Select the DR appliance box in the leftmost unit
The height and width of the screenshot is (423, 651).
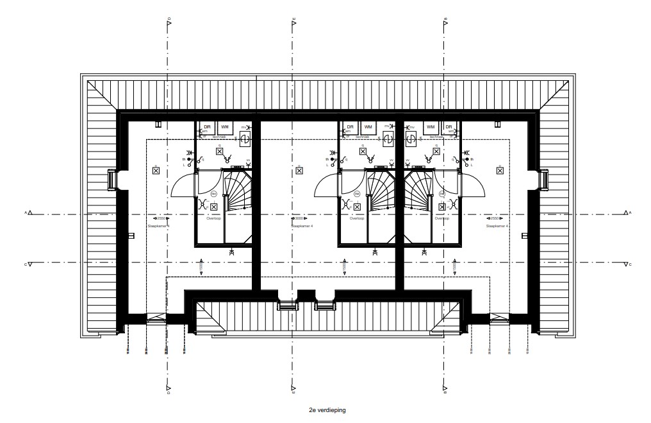tap(207, 128)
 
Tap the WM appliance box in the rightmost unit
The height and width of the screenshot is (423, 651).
tap(431, 128)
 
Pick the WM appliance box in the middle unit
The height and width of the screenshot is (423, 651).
tap(368, 128)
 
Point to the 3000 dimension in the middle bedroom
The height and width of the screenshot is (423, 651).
tap(297, 218)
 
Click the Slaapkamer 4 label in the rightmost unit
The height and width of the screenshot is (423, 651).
tap(497, 226)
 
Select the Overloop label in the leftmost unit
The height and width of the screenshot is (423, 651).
tap(213, 218)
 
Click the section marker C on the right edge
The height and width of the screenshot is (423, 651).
tap(625, 264)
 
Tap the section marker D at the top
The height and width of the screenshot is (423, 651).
tap(169, 22)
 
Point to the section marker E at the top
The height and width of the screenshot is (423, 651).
tap(293, 22)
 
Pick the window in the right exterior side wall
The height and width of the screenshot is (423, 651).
tap(544, 179)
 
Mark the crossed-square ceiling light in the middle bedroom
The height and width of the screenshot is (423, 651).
tap(299, 169)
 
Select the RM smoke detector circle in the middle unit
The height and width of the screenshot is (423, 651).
tap(358, 193)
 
